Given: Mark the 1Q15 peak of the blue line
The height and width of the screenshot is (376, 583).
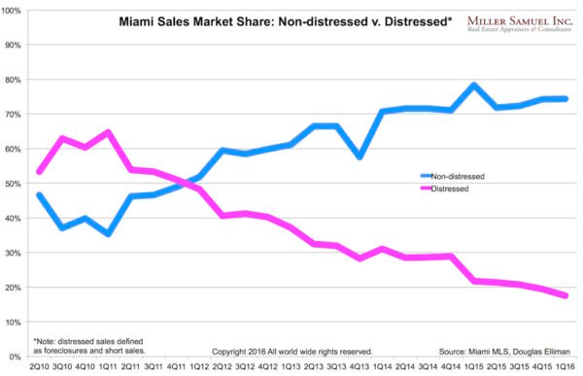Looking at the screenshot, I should tap(473, 85).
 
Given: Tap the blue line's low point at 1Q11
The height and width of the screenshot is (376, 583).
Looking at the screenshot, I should tap(108, 234).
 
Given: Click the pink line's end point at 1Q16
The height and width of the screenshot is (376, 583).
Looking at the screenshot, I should tap(566, 295).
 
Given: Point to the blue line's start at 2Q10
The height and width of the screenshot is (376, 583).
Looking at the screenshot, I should tap(39, 195).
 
